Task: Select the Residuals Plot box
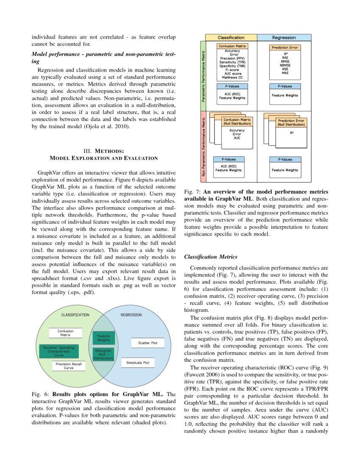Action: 138,363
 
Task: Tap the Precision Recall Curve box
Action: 69,366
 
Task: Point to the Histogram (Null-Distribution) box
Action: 103,354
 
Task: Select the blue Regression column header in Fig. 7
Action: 284,38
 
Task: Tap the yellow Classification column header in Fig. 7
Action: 231,38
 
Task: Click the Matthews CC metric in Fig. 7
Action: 231,78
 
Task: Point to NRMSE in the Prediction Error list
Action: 285,66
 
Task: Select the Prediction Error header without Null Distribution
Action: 285,48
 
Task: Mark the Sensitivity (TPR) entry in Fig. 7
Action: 231,62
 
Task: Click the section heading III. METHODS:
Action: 104,151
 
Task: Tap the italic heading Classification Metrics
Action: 211,257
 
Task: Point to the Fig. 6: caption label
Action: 41,394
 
